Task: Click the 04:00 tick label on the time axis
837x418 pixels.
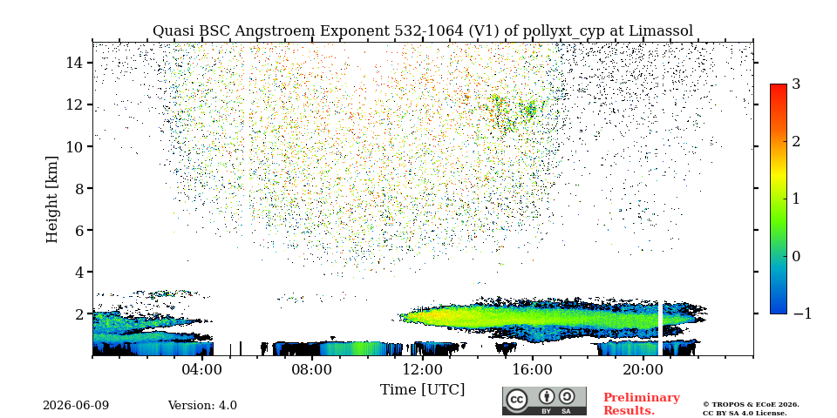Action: point(202,369)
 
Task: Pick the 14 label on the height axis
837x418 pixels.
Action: point(75,63)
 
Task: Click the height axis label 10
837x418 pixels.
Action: point(75,146)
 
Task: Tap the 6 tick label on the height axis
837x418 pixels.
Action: point(79,230)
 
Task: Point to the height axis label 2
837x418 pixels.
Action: point(79,314)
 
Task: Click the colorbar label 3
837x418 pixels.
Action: point(796,84)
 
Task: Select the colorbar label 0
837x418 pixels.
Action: point(796,256)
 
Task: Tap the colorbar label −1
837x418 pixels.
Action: point(802,313)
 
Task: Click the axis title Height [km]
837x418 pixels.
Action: point(51,199)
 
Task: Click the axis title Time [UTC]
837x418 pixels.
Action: point(422,390)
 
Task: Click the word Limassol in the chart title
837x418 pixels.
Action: point(661,31)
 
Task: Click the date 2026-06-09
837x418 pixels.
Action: point(76,406)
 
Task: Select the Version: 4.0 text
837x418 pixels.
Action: point(202,406)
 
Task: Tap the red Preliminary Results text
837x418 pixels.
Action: point(642,404)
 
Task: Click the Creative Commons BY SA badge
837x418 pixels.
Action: point(544,401)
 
